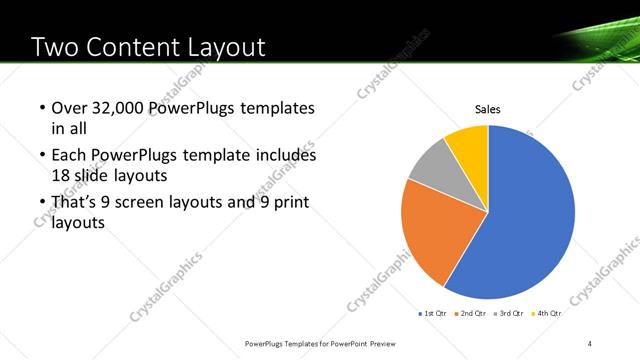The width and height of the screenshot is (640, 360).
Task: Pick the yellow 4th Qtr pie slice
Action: click(468, 144)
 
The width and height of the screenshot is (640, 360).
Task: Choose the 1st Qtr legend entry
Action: click(434, 314)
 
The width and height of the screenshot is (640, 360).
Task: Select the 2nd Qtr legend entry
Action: click(472, 314)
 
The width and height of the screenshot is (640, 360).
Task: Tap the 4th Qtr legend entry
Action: click(548, 314)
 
